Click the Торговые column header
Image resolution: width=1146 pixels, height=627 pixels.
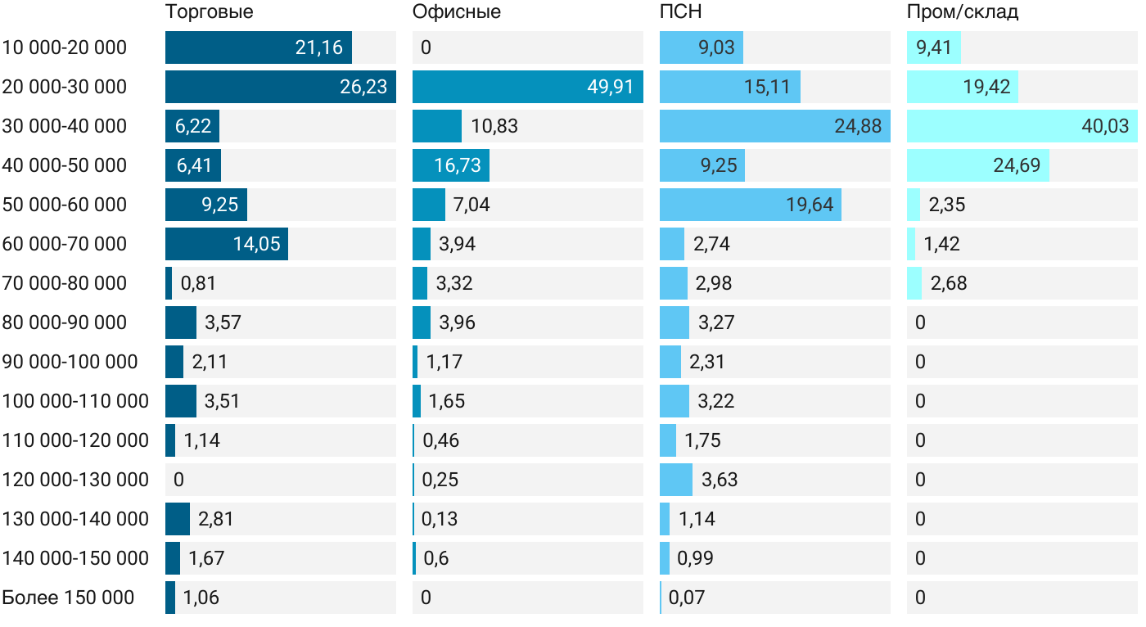click(x=209, y=12)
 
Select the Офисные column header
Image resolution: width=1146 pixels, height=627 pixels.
click(x=456, y=12)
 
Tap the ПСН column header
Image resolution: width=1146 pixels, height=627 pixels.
click(x=680, y=12)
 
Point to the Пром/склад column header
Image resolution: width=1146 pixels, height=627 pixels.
click(x=962, y=12)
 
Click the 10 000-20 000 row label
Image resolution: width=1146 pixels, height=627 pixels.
click(x=65, y=47)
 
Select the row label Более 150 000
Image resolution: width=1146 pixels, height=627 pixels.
click(x=68, y=598)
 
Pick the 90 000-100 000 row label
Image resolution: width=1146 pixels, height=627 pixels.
click(x=70, y=362)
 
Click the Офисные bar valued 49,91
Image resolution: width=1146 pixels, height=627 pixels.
click(x=527, y=87)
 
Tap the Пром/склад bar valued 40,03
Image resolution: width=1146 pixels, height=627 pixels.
click(x=1021, y=126)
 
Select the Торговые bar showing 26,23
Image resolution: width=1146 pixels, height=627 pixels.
click(x=280, y=87)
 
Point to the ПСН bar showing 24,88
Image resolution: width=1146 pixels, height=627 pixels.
click(x=774, y=126)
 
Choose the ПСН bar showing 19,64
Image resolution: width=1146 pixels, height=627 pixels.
click(x=750, y=205)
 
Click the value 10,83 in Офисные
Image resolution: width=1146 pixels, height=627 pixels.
click(x=494, y=126)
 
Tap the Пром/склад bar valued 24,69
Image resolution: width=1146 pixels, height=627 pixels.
click(x=977, y=165)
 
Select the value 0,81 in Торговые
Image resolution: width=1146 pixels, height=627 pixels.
click(x=198, y=283)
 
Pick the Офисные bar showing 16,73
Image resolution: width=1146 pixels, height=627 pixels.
click(x=451, y=165)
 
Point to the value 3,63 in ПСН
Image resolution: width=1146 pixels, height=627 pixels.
click(x=720, y=480)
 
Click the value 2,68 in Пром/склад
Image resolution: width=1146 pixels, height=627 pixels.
click(x=948, y=283)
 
